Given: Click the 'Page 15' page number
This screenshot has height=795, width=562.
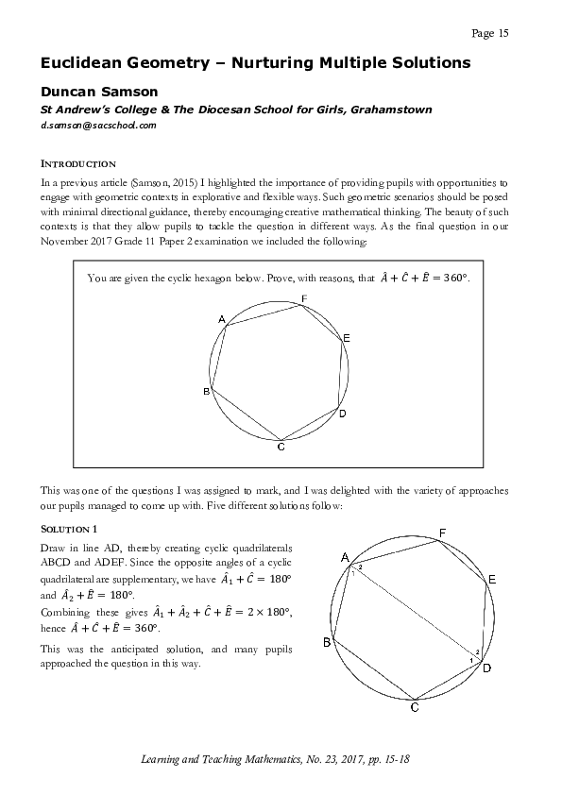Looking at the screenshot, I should pyautogui.click(x=489, y=34).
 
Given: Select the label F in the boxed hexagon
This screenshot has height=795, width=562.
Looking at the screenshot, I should pyautogui.click(x=303, y=299).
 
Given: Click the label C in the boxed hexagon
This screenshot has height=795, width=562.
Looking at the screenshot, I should pyautogui.click(x=281, y=447).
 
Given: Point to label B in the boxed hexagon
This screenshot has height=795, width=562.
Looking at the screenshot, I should pyautogui.click(x=206, y=391).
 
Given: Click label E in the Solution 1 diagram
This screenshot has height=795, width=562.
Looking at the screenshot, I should pyautogui.click(x=493, y=578).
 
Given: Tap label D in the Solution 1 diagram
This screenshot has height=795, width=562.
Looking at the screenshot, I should pyautogui.click(x=486, y=669).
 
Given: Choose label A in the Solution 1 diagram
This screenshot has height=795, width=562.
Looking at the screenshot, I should pyautogui.click(x=345, y=556).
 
